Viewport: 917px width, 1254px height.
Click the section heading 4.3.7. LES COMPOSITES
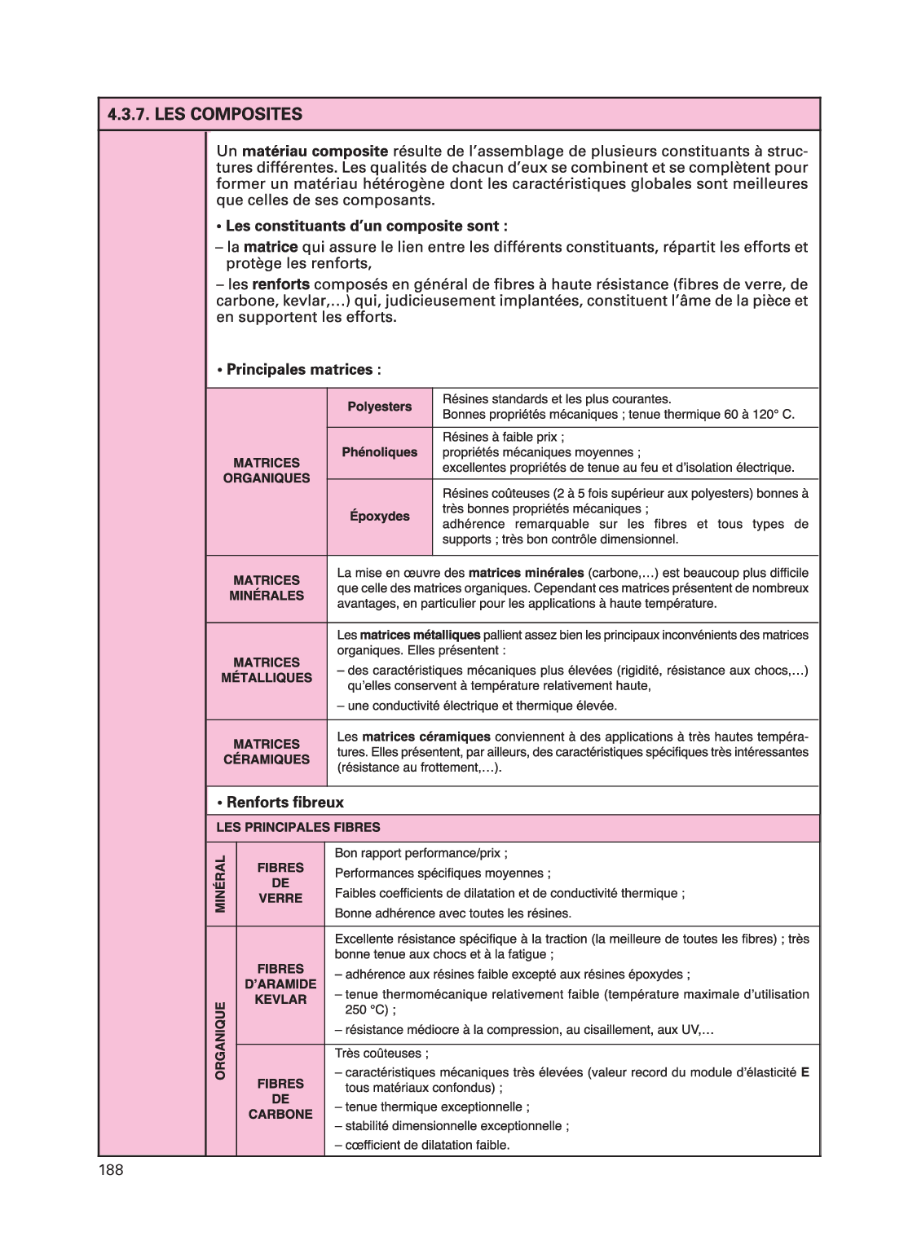click(204, 114)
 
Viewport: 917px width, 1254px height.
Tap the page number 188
click(111, 1171)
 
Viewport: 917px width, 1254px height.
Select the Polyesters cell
click(380, 407)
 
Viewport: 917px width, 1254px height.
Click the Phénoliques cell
click(380, 452)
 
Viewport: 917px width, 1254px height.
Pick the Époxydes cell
click(380, 516)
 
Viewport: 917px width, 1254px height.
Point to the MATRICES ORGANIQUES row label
click(267, 470)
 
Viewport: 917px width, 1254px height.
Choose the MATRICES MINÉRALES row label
click(267, 587)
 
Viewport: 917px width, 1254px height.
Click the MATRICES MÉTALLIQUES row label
click(267, 670)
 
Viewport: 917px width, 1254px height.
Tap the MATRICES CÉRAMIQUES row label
click(267, 751)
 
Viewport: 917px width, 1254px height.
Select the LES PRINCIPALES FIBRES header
click(298, 827)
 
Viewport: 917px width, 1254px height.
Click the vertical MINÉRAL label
click(220, 884)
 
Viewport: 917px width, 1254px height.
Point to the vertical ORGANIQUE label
click(220, 1041)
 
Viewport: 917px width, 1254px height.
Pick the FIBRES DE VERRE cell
click(280, 882)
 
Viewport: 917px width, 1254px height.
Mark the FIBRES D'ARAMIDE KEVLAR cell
click(280, 983)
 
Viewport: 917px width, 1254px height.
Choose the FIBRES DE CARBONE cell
click(280, 1098)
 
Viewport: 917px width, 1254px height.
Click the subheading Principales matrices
click(299, 370)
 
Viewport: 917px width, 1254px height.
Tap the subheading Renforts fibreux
click(284, 803)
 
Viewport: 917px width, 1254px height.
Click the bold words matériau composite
click(315, 152)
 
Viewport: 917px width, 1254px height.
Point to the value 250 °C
click(366, 1010)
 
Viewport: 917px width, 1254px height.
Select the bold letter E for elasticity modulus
click(805, 1072)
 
